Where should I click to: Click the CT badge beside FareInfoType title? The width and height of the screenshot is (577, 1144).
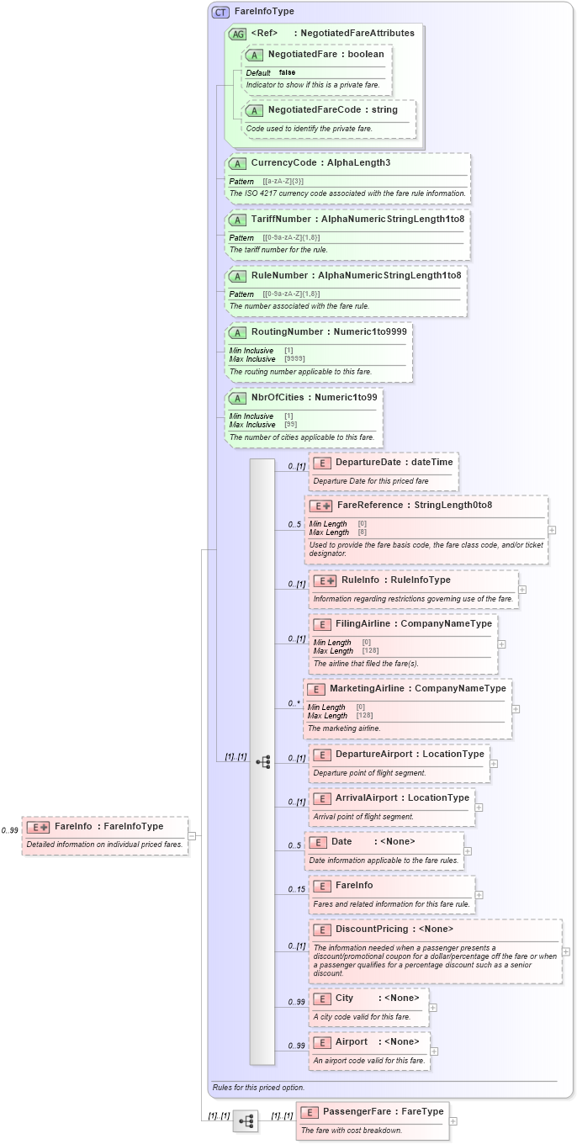pos(220,12)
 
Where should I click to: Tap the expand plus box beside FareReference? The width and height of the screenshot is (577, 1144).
pos(552,530)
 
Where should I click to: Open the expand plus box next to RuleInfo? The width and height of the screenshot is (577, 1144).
pos(522,589)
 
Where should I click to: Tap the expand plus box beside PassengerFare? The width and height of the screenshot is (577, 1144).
pos(453,1120)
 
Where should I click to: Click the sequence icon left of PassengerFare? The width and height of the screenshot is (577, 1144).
pos(246,1120)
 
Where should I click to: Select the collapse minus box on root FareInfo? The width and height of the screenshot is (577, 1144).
pos(192,835)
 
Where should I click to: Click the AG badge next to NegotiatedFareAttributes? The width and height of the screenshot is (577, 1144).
pos(237,34)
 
